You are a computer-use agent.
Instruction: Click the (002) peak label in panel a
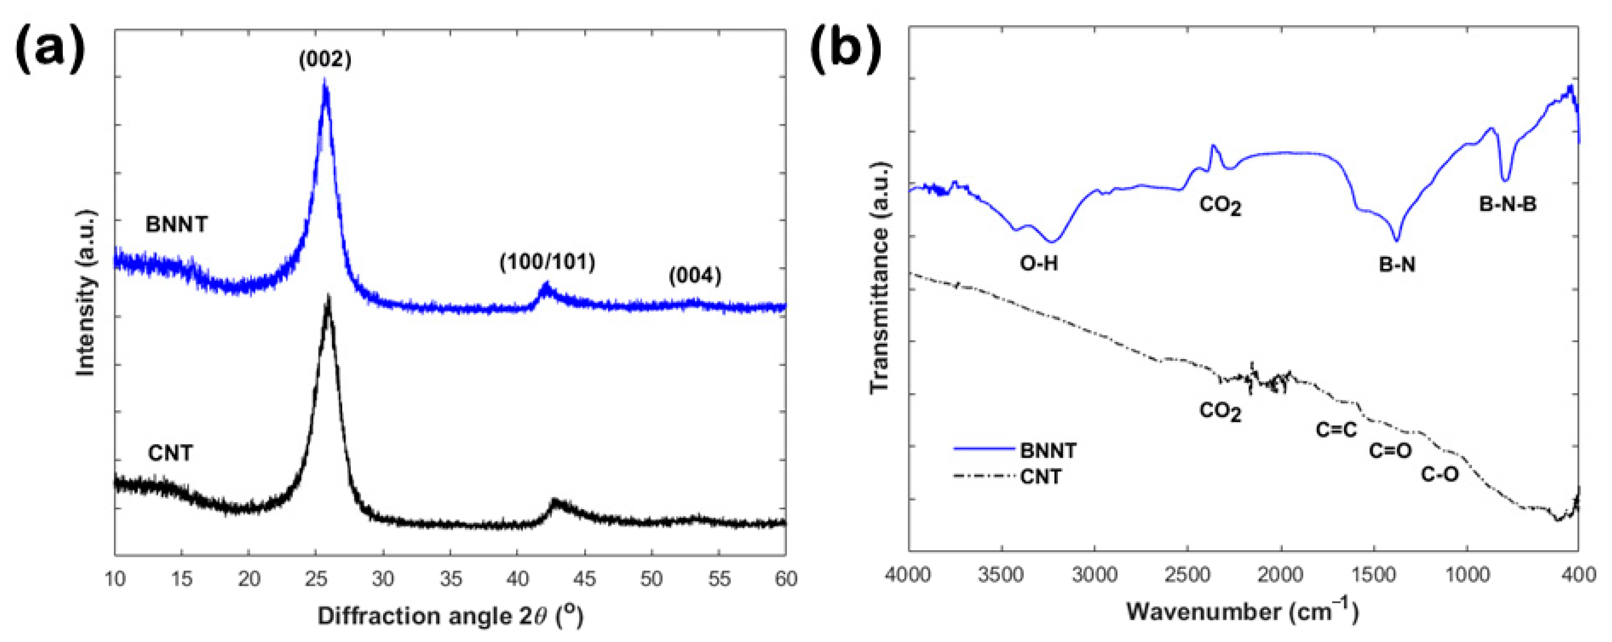point(325,59)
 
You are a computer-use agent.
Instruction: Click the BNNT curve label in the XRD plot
point(177,224)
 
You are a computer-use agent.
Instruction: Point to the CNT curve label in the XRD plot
point(170,452)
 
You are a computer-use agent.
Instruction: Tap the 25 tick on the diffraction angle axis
point(316,579)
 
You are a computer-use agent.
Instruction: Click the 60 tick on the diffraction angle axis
point(785,579)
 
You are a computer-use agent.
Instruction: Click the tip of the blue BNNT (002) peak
point(324,80)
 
